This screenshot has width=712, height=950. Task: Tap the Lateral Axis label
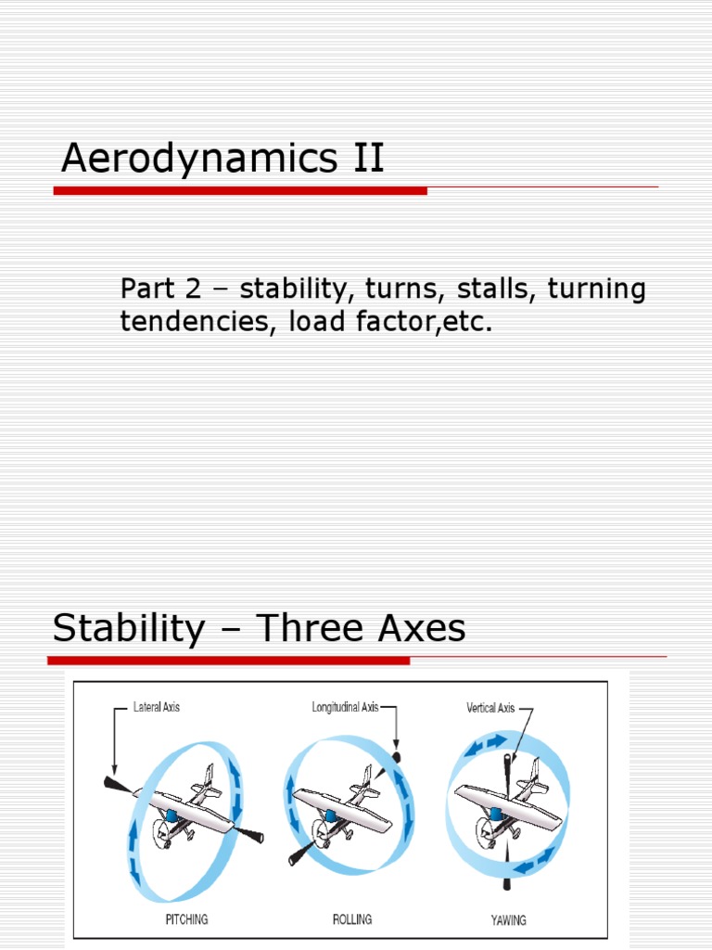point(157,707)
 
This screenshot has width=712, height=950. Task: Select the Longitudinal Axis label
point(345,707)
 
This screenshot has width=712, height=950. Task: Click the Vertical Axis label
point(490,708)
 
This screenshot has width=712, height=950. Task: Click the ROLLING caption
point(351,919)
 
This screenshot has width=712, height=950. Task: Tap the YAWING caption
point(507,919)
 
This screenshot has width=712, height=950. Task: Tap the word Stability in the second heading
point(129,629)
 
